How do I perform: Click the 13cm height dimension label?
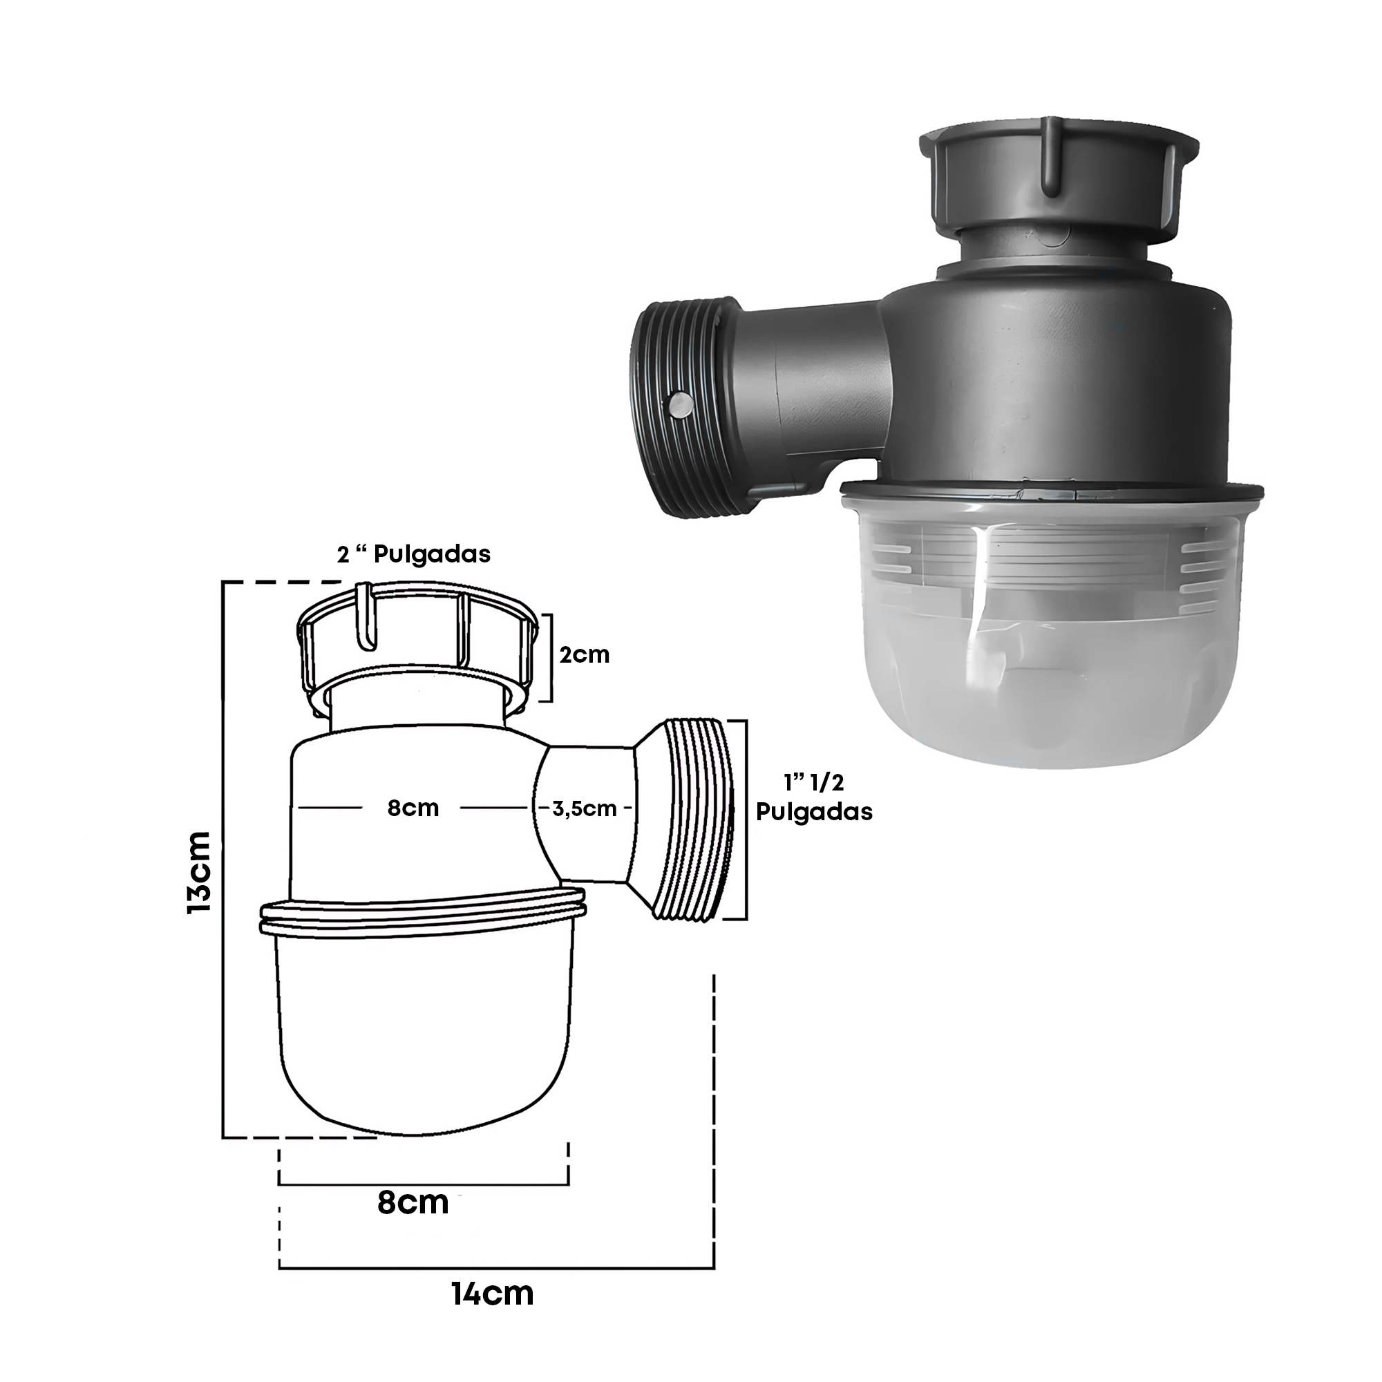click(200, 871)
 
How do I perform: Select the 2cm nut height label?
click(585, 654)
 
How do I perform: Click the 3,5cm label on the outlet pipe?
click(585, 809)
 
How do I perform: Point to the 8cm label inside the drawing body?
click(413, 808)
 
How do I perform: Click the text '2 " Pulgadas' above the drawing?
click(414, 554)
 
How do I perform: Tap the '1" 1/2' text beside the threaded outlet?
click(814, 783)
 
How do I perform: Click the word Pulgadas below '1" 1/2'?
click(814, 813)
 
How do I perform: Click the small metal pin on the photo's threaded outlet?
click(678, 406)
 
